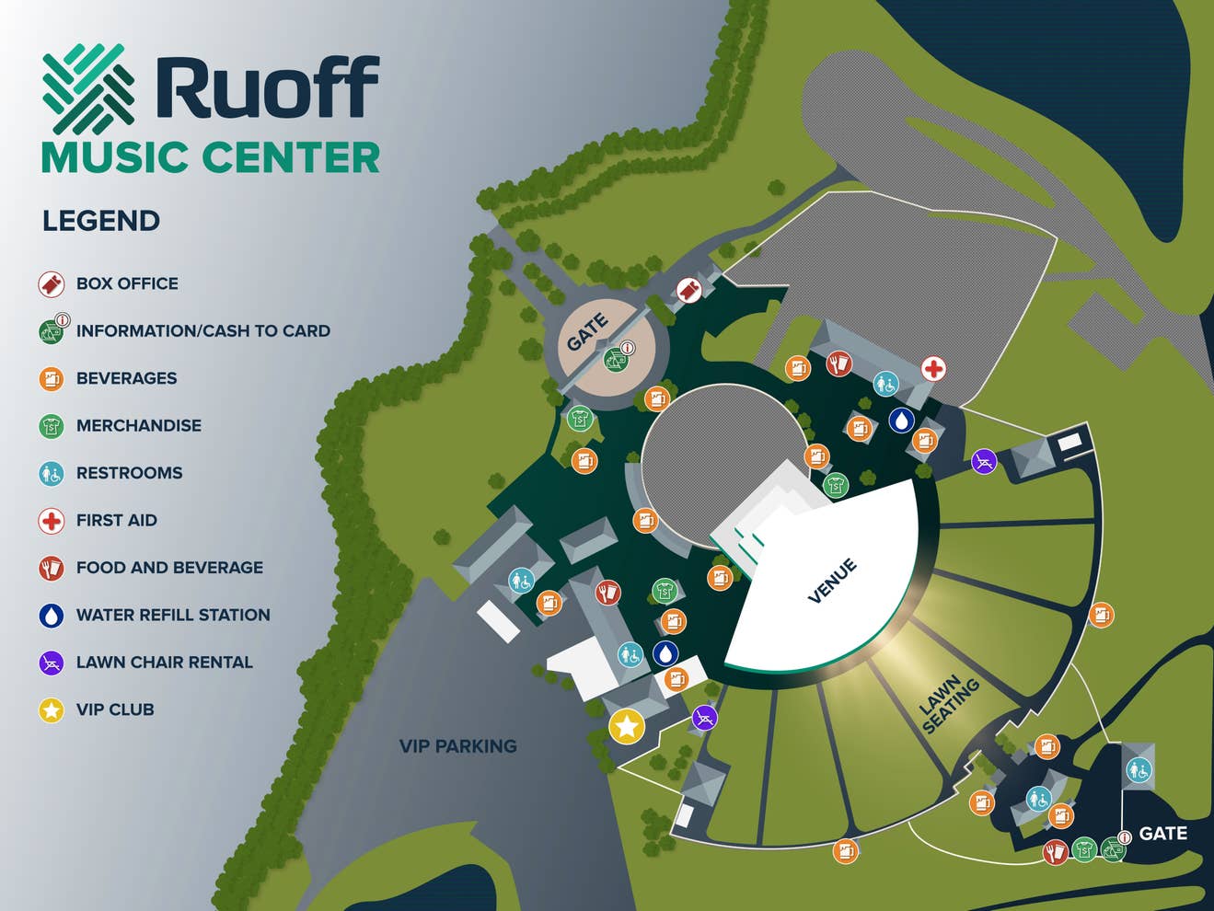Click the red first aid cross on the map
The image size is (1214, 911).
933,369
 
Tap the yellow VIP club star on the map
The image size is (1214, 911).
627,726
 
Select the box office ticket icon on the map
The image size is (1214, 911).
689,290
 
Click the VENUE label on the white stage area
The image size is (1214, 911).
832,581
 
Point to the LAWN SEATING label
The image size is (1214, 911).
950,706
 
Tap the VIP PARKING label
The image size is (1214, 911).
457,746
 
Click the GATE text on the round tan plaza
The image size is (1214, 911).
587,332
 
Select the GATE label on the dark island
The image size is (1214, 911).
1162,834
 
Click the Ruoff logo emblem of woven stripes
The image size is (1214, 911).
88,89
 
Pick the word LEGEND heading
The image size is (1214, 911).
101,221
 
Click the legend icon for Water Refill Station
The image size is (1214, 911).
52,615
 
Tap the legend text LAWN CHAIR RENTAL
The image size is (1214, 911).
164,663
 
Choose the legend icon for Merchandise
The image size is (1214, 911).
52,426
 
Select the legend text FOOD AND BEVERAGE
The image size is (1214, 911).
169,568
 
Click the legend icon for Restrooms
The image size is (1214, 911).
52,473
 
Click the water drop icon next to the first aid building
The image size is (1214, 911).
901,421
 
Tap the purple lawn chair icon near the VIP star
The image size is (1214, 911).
704,717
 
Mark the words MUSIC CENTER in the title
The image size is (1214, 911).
211,157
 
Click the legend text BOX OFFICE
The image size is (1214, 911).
127,283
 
